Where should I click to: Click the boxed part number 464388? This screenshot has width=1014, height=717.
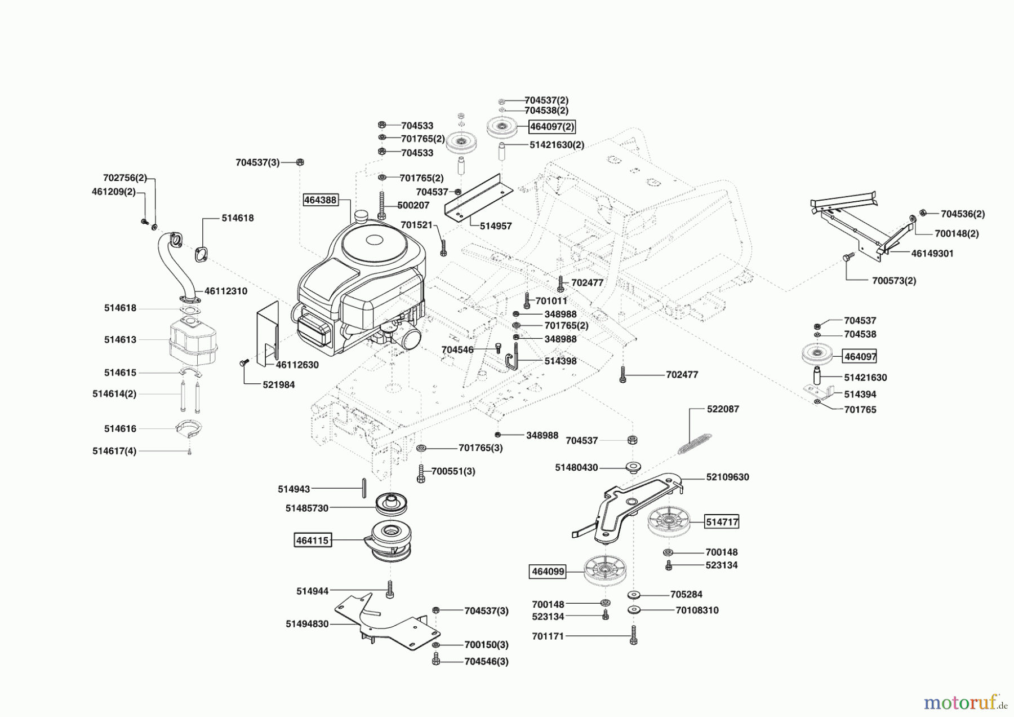point(320,200)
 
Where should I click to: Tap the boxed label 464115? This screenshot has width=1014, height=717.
point(312,540)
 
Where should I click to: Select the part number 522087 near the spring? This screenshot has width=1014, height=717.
point(723,409)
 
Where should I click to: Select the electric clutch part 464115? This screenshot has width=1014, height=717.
point(390,541)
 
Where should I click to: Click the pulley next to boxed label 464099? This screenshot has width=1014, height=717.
point(606,570)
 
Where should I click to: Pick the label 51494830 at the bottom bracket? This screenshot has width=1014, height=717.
point(307,624)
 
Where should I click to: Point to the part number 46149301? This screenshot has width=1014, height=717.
point(932,254)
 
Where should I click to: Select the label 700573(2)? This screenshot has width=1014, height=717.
point(894,281)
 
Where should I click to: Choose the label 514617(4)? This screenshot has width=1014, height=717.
point(114,451)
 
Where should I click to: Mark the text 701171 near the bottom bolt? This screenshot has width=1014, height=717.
point(548,636)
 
